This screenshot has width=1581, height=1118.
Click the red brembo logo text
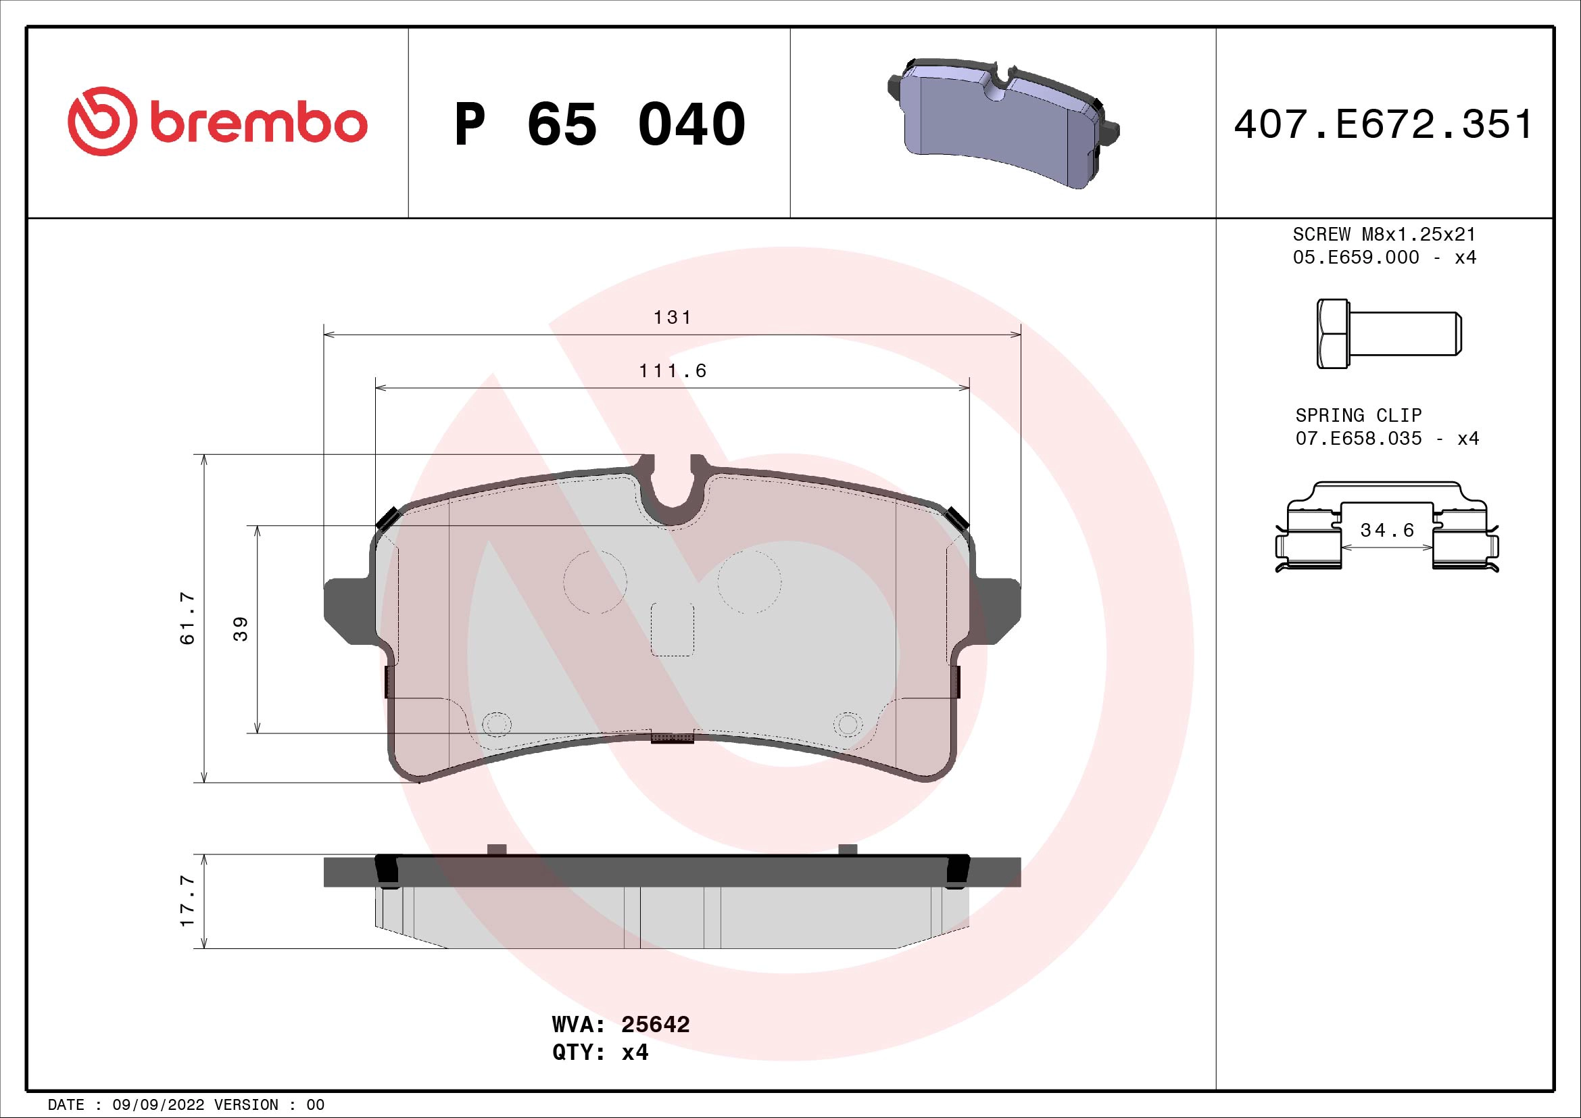255,124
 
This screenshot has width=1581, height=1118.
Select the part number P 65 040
599,124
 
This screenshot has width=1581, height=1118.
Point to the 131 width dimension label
672,318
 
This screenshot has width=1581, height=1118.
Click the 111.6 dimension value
672,371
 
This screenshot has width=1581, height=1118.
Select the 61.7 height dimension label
187,618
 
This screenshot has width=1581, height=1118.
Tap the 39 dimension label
240,629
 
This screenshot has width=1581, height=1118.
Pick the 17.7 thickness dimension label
187,901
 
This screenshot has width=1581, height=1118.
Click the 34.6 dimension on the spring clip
1387,530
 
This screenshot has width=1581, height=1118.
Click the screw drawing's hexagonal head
1332,334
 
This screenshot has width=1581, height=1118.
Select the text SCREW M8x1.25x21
1384,234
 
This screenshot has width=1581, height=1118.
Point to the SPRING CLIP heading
1358,415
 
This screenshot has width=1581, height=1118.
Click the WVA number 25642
655,1024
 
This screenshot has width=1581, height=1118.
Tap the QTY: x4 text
600,1052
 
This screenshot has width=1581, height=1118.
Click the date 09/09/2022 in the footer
157,1104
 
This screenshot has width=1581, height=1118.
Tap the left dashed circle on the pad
595,582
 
